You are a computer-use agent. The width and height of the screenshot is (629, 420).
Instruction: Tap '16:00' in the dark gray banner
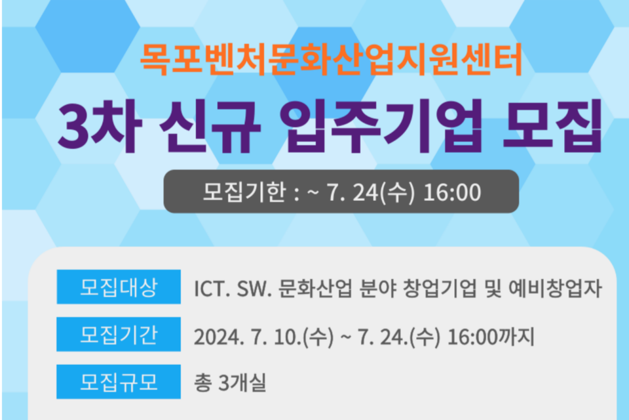pyautogui.click(x=453, y=194)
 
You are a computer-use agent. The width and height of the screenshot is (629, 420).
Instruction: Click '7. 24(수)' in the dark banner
pyautogui.click(x=375, y=194)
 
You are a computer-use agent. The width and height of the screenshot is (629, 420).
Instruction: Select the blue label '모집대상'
pyautogui.click(x=118, y=287)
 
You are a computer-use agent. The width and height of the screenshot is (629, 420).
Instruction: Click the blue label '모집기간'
pyautogui.click(x=118, y=335)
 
